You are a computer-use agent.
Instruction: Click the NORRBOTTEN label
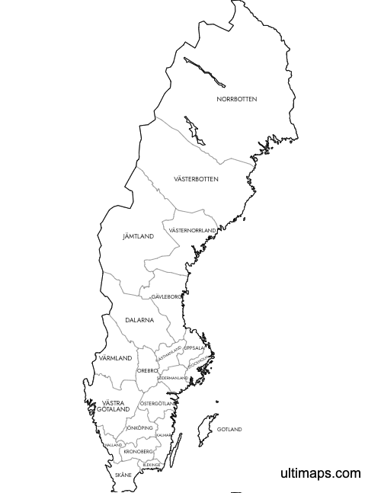(236, 99)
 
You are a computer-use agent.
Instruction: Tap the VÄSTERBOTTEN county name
(196, 179)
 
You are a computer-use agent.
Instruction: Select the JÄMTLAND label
(138, 236)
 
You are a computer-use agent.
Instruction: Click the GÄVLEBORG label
(166, 296)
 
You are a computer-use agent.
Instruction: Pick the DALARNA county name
(139, 320)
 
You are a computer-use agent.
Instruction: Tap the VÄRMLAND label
(115, 357)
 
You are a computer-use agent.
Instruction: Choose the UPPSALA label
(194, 347)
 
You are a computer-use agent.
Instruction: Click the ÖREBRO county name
(147, 370)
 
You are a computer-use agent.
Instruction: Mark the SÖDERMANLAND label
(172, 378)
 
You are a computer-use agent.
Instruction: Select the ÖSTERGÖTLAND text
(158, 402)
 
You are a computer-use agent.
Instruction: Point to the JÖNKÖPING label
(139, 428)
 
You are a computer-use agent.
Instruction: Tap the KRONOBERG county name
(138, 451)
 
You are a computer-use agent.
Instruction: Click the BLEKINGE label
(151, 464)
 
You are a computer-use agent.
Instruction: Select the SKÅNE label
(123, 475)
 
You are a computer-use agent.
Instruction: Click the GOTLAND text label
(229, 429)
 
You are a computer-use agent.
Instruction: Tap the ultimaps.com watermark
(320, 473)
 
